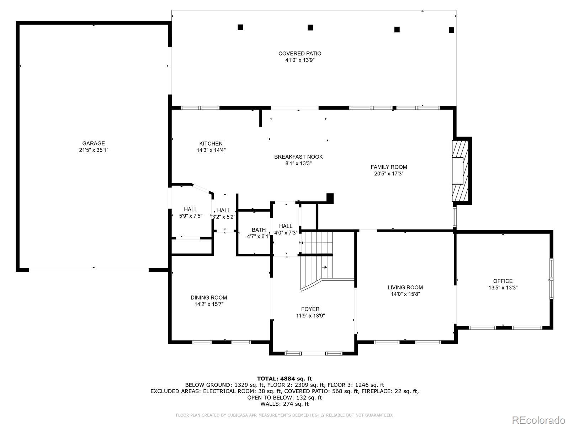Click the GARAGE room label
[x=94, y=143]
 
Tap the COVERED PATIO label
[x=300, y=53]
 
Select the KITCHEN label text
[x=211, y=144]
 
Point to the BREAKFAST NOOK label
[x=298, y=157]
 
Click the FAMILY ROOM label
[x=389, y=167]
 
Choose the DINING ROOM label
[x=209, y=297]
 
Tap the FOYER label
[x=310, y=309]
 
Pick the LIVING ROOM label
[x=405, y=288]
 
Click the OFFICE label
[x=503, y=281]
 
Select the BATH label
[x=259, y=230]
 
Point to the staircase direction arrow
[x=324, y=267]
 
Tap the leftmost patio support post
[x=240, y=27]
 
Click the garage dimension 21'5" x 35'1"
[x=94, y=150]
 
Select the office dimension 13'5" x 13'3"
[x=503, y=288]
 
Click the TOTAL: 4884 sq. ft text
[x=284, y=379]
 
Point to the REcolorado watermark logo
[x=539, y=420]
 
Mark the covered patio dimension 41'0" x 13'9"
[x=300, y=60]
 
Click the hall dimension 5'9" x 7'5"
[x=191, y=216]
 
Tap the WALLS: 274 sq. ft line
[x=284, y=404]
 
